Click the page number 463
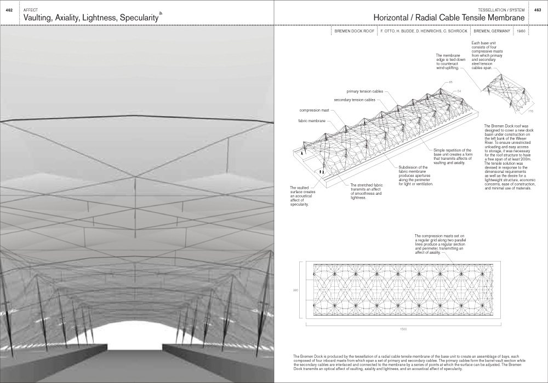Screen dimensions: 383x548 [x=538, y=10]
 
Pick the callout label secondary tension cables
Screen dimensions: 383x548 [x=355, y=100]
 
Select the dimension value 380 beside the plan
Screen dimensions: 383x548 [x=294, y=290]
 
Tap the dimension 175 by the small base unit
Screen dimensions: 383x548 [x=530, y=112]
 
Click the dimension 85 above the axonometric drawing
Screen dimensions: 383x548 [x=450, y=82]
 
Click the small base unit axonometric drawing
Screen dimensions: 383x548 [x=504, y=90]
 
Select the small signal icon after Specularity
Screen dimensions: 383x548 [x=161, y=12]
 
